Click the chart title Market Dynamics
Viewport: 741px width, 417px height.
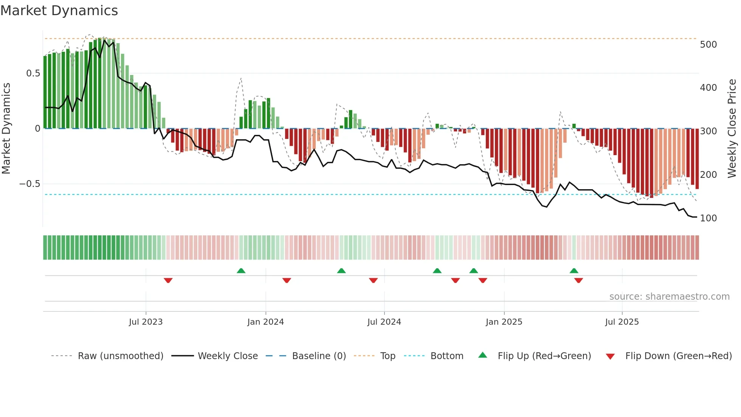[x=59, y=11]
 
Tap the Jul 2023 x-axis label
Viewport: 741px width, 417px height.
[x=146, y=322]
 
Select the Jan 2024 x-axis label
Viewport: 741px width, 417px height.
[x=265, y=322]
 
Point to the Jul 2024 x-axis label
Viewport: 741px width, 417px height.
[x=384, y=322]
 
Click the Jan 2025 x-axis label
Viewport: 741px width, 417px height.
[x=504, y=322]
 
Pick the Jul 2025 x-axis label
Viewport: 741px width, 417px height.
[x=622, y=322]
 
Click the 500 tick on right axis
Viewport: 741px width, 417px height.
[x=708, y=45]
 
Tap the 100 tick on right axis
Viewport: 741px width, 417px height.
[x=708, y=218]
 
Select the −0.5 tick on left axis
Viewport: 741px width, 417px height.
[x=29, y=184]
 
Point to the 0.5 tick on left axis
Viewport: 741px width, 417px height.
[x=33, y=73]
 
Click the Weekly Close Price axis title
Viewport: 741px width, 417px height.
[x=732, y=129]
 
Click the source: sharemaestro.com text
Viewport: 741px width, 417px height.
[x=669, y=297]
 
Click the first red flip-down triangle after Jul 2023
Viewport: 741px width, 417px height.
[x=168, y=280]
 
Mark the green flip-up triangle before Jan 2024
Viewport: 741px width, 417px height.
[x=241, y=271]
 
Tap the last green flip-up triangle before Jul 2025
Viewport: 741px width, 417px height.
[x=574, y=271]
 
